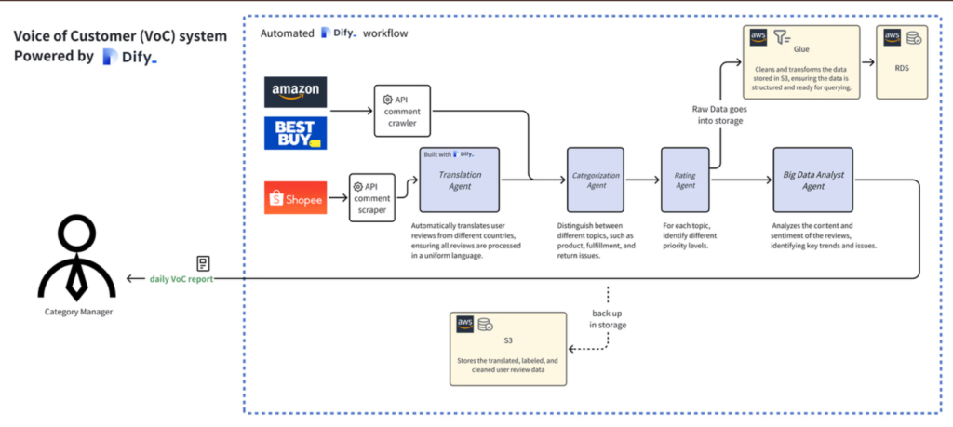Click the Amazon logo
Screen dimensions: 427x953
[x=296, y=90]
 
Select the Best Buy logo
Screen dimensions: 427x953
[x=296, y=132]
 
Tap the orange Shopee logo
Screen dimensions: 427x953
[x=296, y=197]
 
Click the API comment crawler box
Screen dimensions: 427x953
[x=402, y=110]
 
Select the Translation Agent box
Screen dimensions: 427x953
[x=460, y=180]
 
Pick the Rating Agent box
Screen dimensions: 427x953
[x=684, y=180]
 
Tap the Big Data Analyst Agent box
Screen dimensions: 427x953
[x=812, y=180]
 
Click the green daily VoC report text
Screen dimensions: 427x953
[x=181, y=278]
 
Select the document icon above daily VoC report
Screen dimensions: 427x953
[x=203, y=263]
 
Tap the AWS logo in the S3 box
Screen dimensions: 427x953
[x=465, y=325]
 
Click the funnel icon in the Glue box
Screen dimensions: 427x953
[x=780, y=37]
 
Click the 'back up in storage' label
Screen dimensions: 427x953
[x=607, y=318]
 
